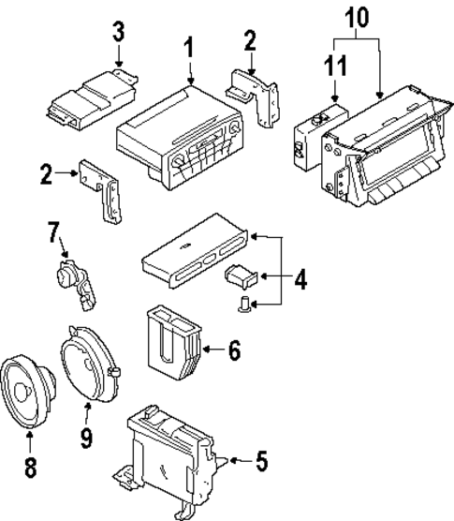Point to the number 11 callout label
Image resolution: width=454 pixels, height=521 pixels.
tap(334, 67)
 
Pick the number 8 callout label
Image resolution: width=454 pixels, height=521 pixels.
tap(30, 468)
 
